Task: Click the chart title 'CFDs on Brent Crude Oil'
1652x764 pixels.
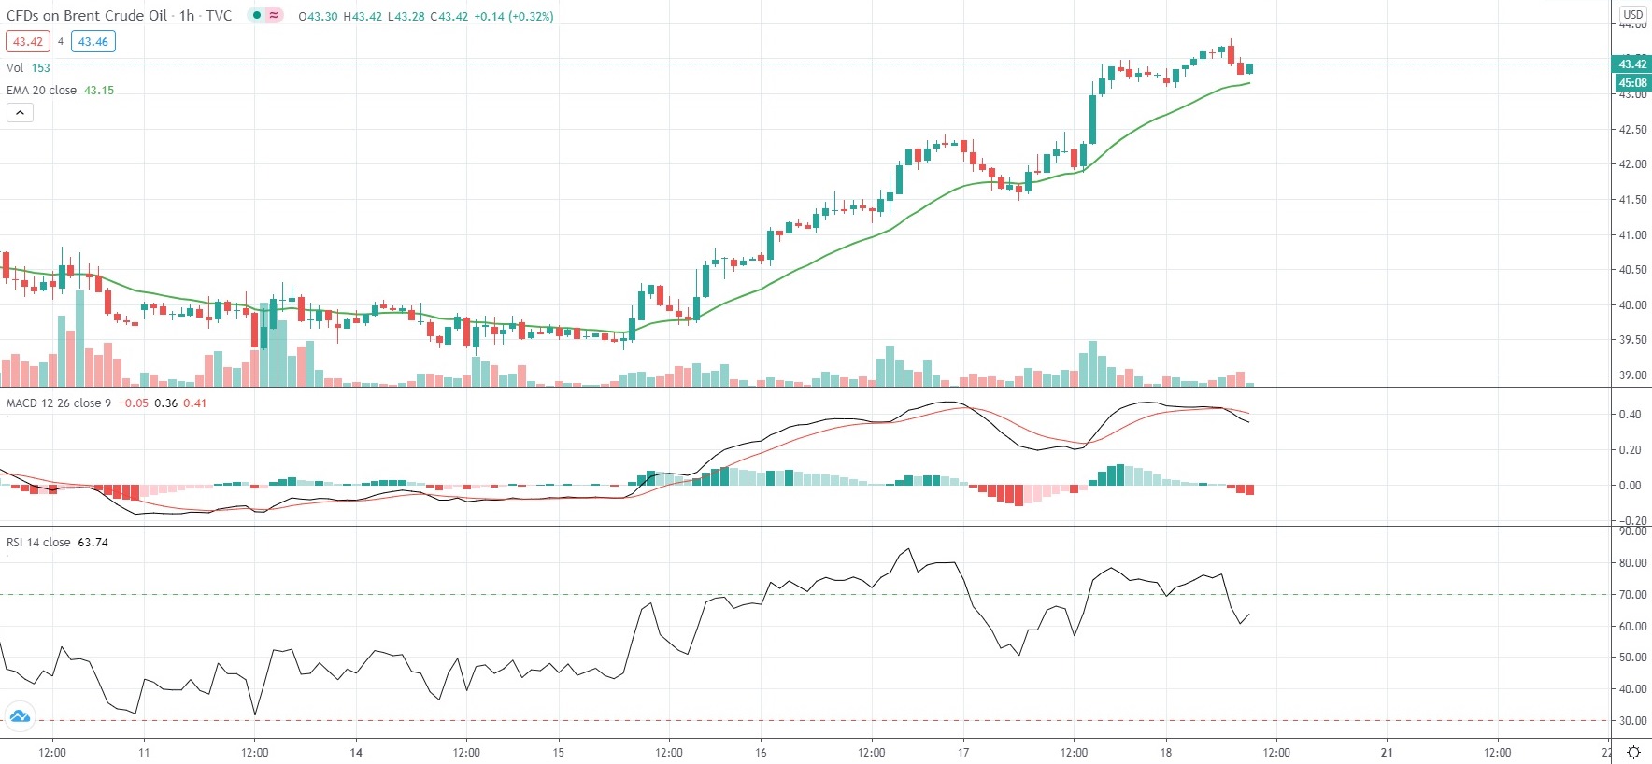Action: [87, 16]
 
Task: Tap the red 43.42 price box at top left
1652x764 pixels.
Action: [27, 41]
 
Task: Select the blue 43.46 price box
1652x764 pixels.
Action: [93, 41]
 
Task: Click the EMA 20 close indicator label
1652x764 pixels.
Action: [42, 91]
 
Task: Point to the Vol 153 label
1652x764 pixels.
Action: [28, 68]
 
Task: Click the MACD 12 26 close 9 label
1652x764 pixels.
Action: [59, 403]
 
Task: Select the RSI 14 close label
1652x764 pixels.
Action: [38, 543]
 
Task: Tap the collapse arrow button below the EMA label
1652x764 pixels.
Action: [20, 113]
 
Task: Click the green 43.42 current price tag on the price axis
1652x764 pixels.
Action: [1631, 64]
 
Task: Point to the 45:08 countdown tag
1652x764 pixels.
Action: [1631, 83]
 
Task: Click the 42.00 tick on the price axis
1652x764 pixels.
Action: [1632, 164]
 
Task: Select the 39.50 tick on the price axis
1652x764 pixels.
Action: [1632, 340]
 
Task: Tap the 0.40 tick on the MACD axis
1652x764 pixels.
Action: [1630, 415]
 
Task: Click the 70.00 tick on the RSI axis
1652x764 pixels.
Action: [1632, 595]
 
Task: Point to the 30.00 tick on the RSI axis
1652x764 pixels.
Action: [1632, 721]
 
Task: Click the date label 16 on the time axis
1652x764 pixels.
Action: [761, 753]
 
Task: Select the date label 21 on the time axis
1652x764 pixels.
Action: [1387, 753]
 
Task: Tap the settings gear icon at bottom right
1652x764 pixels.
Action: [1633, 753]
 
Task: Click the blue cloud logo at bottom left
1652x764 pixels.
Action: [19, 717]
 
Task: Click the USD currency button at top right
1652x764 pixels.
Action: [1632, 14]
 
